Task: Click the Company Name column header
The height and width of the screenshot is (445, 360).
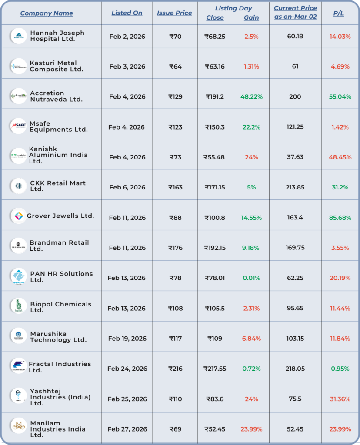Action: tap(47, 13)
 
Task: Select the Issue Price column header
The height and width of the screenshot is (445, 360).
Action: tap(174, 13)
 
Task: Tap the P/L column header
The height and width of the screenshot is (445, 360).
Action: tap(338, 13)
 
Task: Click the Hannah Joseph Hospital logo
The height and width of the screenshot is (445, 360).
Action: tap(19, 36)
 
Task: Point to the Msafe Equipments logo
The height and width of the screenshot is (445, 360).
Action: tap(19, 126)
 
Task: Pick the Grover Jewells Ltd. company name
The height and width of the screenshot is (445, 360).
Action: tap(60, 216)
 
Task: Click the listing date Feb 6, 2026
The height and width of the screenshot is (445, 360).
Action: tap(127, 187)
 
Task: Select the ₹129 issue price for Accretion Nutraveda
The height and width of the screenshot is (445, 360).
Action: tap(175, 96)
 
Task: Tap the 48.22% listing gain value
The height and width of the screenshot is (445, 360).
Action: tap(251, 96)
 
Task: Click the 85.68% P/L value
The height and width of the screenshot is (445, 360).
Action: tap(340, 218)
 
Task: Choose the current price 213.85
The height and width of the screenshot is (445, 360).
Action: tap(295, 187)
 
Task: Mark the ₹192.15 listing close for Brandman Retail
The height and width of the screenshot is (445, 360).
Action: tap(215, 248)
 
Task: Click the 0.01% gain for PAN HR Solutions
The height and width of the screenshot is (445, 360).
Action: tap(251, 278)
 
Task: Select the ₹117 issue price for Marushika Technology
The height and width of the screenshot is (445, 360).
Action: tap(175, 339)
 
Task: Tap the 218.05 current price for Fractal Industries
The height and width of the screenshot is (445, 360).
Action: tap(295, 369)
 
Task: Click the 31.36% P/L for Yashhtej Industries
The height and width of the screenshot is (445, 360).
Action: tap(340, 399)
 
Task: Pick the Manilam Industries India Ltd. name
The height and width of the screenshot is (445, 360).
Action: tap(57, 429)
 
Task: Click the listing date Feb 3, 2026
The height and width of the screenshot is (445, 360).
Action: tap(127, 66)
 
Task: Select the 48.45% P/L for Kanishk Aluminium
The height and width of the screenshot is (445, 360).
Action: tap(340, 157)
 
